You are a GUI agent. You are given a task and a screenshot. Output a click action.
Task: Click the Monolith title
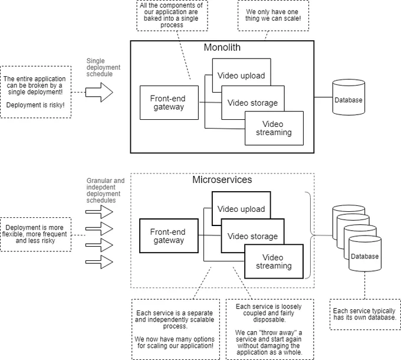click(x=222, y=47)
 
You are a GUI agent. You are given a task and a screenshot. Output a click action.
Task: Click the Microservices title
click(x=222, y=179)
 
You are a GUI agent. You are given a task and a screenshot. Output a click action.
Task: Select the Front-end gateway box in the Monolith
click(x=169, y=103)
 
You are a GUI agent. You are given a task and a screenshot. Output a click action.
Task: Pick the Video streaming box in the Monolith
click(x=274, y=128)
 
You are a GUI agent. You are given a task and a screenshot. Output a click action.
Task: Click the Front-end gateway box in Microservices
click(x=169, y=236)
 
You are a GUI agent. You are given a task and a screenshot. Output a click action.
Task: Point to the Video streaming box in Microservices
click(x=274, y=261)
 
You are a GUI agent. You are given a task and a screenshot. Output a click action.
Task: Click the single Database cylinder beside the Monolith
click(x=349, y=97)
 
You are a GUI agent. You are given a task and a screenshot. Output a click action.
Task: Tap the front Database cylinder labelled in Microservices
click(x=365, y=254)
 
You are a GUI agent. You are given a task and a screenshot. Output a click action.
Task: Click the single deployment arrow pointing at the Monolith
click(x=99, y=93)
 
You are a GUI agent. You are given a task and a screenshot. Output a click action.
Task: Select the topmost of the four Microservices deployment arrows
click(x=99, y=212)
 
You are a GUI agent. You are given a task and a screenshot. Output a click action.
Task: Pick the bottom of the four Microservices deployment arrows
click(x=99, y=262)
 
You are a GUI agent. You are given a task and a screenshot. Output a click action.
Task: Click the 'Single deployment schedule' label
click(x=103, y=67)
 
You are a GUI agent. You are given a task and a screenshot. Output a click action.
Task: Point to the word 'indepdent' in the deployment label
click(x=101, y=187)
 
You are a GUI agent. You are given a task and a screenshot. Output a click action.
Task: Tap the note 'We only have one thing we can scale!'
click(x=273, y=15)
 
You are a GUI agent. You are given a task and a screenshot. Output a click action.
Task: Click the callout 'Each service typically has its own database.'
click(x=365, y=314)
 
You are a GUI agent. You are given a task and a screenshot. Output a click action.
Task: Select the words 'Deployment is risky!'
click(x=35, y=105)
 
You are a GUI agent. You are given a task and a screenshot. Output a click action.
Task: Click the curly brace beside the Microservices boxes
click(x=310, y=235)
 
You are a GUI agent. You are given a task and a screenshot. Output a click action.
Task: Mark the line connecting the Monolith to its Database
click(x=323, y=97)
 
